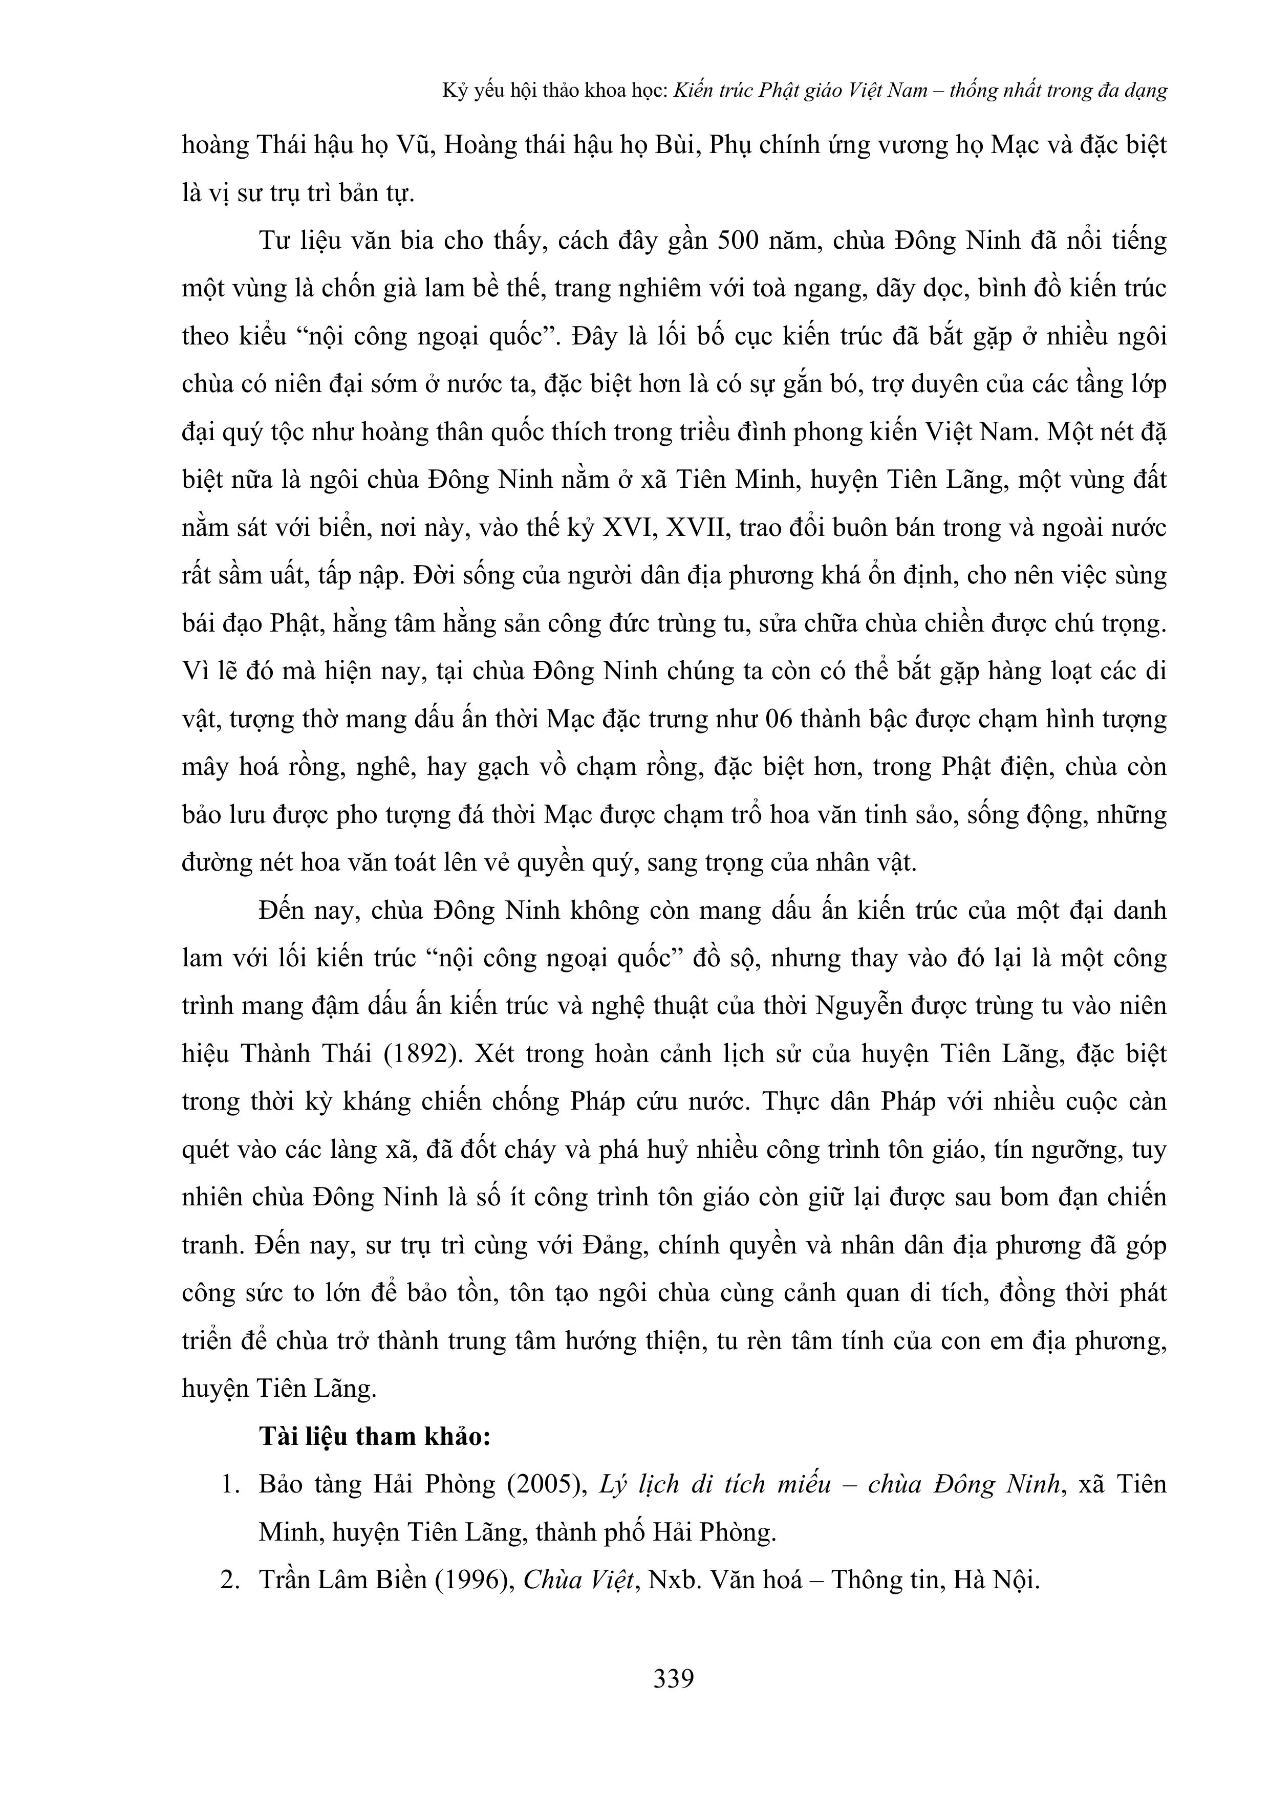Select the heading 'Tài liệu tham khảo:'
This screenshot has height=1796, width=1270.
pos(375,1436)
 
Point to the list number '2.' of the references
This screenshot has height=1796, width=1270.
pos(229,1580)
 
